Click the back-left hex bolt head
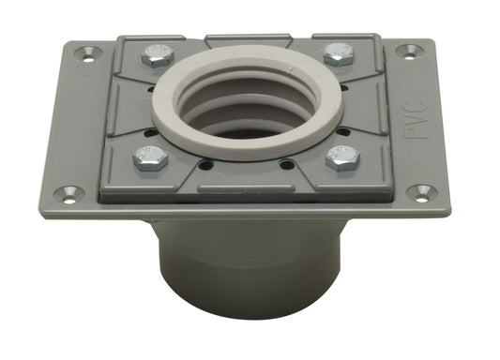pos(158,55)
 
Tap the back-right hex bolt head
pos(338,53)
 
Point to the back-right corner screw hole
pos(407,51)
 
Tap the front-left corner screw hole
pos(68,194)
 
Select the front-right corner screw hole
pos(421,192)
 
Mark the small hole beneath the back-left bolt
pos(152,90)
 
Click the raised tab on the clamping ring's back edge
pos(246,40)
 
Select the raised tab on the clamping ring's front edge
pos(246,190)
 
